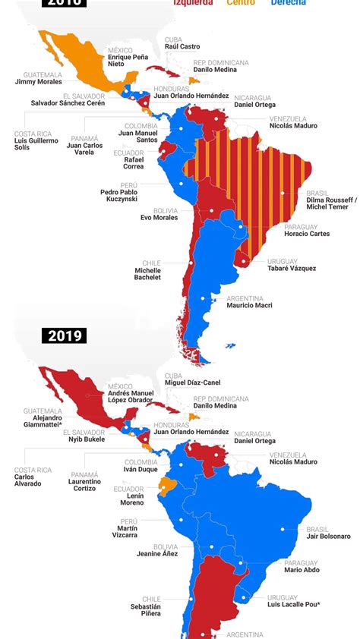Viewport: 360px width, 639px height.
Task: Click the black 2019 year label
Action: (x=66, y=335)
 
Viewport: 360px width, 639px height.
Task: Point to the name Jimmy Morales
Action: (x=39, y=82)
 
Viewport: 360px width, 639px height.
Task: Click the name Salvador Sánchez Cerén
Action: (x=68, y=103)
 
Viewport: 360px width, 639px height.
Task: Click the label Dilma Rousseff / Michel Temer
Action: (x=330, y=203)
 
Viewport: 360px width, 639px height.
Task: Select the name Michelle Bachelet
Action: (x=147, y=274)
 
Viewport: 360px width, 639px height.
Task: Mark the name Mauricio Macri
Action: (x=249, y=305)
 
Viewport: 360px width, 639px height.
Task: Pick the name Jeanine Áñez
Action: (x=154, y=554)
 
